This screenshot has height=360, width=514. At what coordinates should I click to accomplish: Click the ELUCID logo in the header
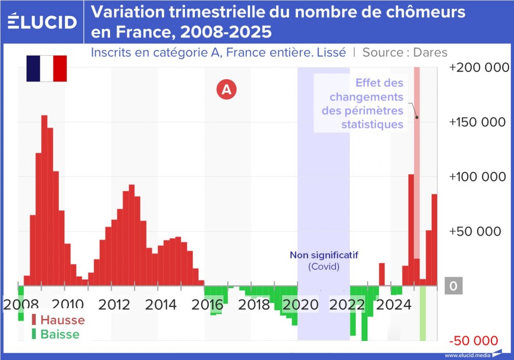click(43, 21)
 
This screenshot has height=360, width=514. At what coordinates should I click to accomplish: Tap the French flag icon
click(46, 68)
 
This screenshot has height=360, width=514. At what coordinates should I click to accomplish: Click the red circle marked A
click(226, 89)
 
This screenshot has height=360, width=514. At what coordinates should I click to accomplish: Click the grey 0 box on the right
click(453, 286)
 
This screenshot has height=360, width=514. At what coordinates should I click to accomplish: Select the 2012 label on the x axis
click(114, 304)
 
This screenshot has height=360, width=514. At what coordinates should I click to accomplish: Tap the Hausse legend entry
click(57, 320)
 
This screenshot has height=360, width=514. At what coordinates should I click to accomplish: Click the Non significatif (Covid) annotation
click(324, 261)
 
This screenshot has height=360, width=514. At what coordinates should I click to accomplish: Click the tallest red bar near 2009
click(44, 201)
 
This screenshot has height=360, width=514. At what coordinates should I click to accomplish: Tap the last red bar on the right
click(434, 239)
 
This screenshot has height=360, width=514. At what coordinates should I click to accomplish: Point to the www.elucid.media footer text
click(467, 355)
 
